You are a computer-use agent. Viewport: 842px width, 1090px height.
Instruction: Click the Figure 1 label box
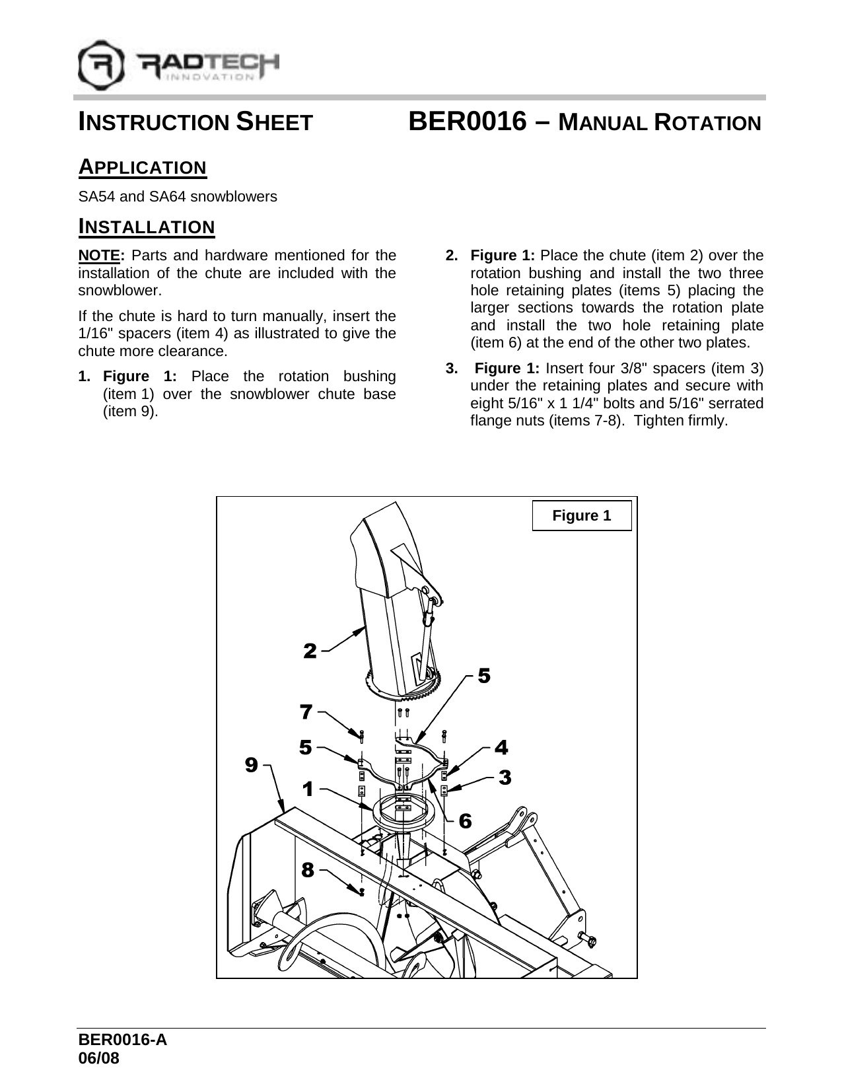(581, 515)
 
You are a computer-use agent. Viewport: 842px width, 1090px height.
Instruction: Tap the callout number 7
(305, 712)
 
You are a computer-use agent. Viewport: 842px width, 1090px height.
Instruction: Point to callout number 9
(252, 765)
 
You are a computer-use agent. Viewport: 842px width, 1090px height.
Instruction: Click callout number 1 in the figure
(308, 789)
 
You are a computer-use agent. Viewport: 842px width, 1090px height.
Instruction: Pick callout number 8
(307, 870)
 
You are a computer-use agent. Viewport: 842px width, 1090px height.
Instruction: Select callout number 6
(465, 820)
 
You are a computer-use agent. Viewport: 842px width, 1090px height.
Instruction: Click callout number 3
(505, 778)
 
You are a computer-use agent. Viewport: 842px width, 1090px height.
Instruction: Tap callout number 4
(501, 747)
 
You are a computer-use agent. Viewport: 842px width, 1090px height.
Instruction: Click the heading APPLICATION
(143, 167)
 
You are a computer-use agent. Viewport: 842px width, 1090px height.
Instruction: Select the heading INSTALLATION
(147, 227)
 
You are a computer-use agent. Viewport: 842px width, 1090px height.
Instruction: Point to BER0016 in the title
(468, 123)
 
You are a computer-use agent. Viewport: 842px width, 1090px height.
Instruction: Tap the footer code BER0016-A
(122, 1040)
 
